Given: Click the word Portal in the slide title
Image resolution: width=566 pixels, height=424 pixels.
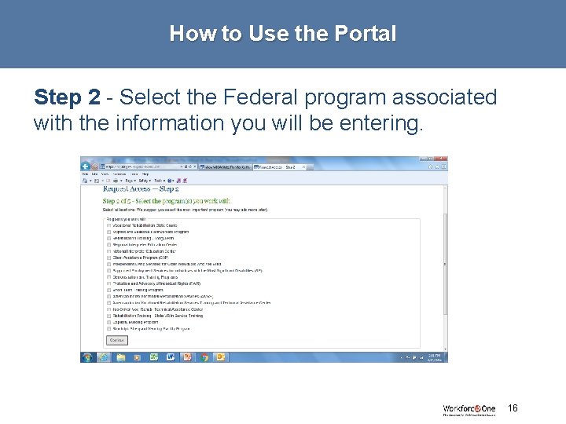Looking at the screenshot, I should point(366,35).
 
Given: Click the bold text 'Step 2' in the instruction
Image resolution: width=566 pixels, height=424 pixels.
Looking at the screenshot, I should point(67,97).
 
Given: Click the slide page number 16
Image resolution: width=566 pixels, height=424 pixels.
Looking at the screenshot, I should point(513,408).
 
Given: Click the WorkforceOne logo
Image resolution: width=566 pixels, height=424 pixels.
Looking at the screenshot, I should point(469,410).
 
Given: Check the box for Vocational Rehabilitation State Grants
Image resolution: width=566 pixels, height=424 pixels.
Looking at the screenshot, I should point(108,225).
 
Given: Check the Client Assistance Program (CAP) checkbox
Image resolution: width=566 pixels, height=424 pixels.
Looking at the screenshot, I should point(108,258).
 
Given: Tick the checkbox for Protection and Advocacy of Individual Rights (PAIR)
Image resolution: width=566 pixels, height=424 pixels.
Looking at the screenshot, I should point(108,283).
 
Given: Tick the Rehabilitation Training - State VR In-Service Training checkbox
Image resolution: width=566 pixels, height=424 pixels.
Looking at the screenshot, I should point(108,316).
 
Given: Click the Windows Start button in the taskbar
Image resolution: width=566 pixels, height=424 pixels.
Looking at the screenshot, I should point(87,356).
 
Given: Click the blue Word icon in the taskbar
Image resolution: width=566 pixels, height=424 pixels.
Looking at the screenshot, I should point(171,356).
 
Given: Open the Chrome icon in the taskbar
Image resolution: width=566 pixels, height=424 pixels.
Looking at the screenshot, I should point(204,356).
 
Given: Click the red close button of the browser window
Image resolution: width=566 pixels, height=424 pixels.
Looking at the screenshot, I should point(442,160).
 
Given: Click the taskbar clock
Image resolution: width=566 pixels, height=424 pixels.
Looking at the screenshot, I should point(434,356).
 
